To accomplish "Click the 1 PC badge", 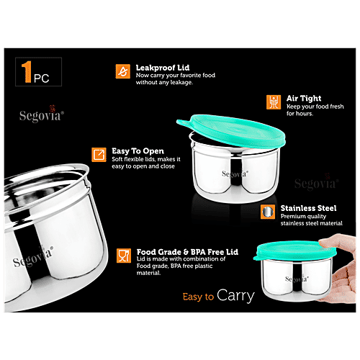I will (x=36, y=73).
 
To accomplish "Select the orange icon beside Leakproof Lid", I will (x=123, y=71).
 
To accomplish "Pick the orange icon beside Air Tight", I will (x=273, y=102).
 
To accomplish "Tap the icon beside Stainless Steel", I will (x=268, y=212).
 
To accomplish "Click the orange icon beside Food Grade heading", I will (x=123, y=254).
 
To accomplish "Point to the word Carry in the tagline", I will (x=235, y=295).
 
